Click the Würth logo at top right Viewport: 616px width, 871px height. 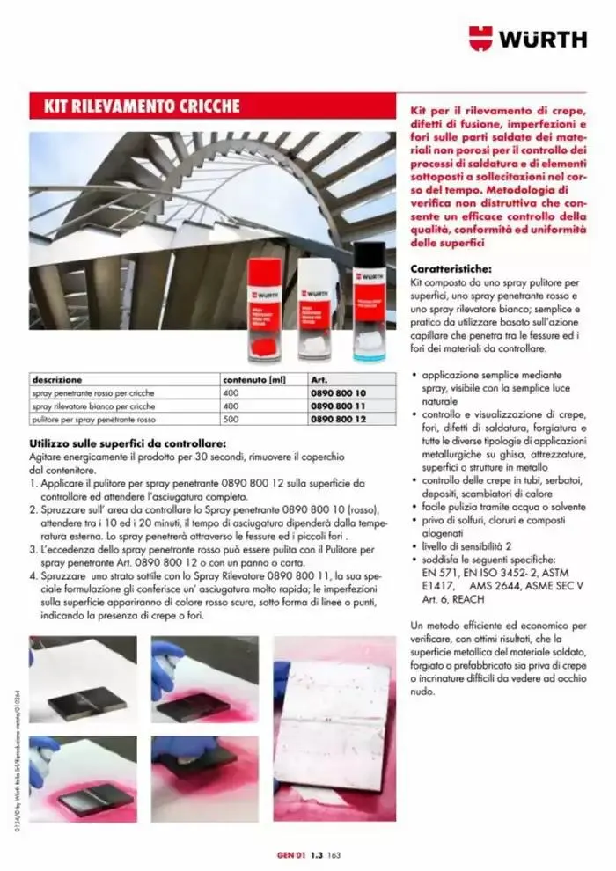point(527,39)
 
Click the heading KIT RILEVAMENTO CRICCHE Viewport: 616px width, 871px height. point(136,106)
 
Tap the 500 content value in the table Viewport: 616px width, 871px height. point(231,421)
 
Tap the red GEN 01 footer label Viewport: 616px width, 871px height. point(290,854)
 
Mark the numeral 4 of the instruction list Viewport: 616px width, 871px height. point(33,574)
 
